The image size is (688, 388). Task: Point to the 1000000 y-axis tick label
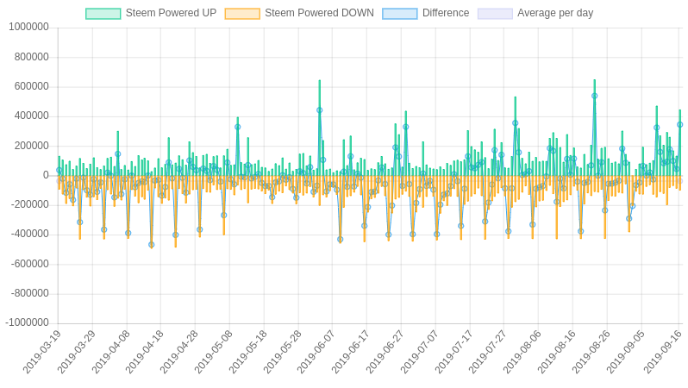[28, 27]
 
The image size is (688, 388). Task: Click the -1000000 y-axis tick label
[27, 322]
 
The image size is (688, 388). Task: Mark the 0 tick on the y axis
[46, 175]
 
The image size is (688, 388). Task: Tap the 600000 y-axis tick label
[31, 86]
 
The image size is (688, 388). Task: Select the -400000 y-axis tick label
[29, 234]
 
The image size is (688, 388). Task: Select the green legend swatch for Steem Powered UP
[103, 14]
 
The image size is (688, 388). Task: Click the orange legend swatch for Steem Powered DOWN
[241, 14]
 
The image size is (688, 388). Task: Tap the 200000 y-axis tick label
[31, 146]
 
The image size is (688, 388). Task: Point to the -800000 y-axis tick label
[29, 293]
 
